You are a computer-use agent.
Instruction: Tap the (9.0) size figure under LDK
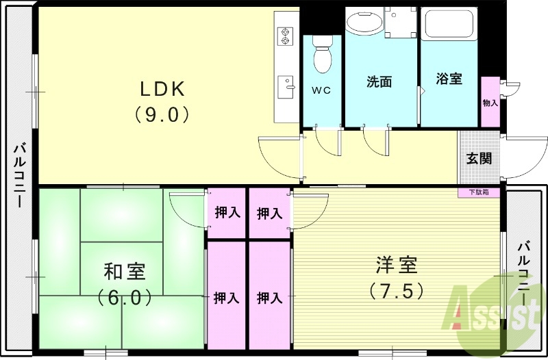coord(162,114)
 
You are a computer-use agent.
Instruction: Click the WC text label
coord(322,90)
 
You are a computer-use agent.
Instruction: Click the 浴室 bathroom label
coord(449,79)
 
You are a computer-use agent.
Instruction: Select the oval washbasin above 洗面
coord(364,21)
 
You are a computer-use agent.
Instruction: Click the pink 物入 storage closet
coord(490,102)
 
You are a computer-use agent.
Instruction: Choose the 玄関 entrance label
coord(479,159)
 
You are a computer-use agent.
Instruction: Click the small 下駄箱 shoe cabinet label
coord(479,192)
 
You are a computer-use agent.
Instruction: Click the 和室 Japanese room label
coord(124,272)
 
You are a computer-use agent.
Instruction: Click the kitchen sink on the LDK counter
coord(284,88)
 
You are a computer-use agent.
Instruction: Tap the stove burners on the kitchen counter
coord(284,36)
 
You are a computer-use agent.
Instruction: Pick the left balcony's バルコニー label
coord(20,176)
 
